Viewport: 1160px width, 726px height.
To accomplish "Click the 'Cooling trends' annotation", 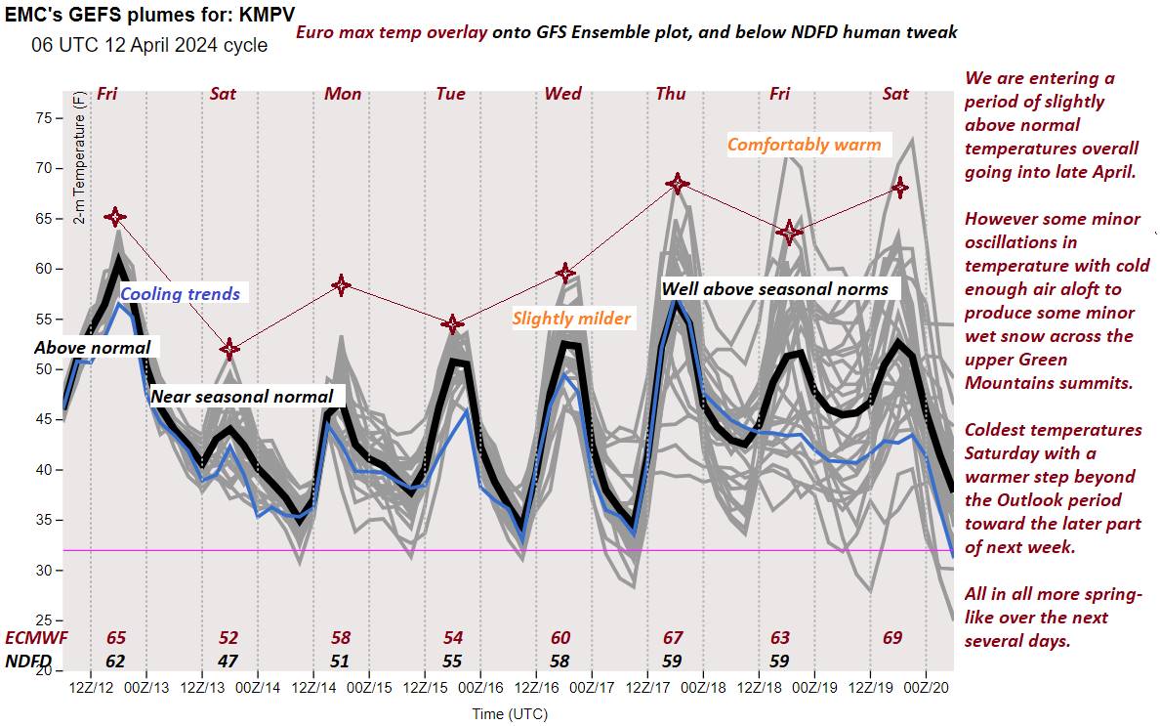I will tap(181, 294).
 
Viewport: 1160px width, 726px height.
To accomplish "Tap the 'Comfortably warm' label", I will tap(804, 145).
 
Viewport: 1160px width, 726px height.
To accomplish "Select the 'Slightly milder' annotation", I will tap(571, 319).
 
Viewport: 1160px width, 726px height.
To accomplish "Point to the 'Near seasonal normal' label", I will tap(242, 397).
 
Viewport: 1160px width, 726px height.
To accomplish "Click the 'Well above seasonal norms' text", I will tap(775, 288).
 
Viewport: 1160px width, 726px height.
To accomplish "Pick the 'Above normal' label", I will tap(93, 347).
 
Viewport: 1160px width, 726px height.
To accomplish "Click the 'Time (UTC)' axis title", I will tap(509, 714).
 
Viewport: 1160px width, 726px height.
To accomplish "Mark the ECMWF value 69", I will tap(891, 638).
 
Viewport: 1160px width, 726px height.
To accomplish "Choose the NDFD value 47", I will tap(228, 661).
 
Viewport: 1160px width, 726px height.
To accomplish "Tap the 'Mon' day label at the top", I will tap(343, 94).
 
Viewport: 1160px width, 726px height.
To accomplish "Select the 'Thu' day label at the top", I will tap(671, 94).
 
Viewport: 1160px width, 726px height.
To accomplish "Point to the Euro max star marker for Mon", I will tap(341, 285).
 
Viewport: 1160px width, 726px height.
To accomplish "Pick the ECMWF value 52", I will tap(228, 638).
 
